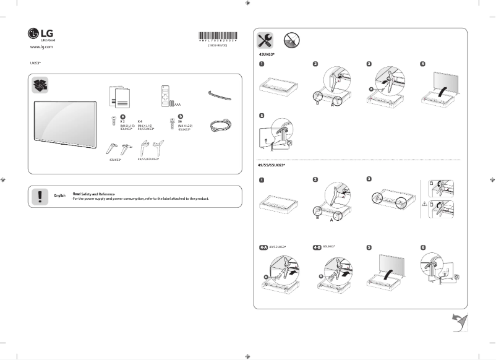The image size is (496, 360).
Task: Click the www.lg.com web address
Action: point(41,47)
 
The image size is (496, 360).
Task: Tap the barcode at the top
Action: point(217,36)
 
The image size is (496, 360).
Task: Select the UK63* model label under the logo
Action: point(35,63)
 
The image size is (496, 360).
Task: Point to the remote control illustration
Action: point(165,96)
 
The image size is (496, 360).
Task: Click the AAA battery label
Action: point(177,105)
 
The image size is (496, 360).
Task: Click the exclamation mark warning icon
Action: point(40,196)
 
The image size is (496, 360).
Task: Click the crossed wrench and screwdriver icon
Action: point(265,40)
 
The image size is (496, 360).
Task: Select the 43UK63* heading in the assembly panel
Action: point(267,54)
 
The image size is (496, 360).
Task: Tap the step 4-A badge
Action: point(263,246)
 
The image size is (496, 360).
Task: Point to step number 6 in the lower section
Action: point(422,246)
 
